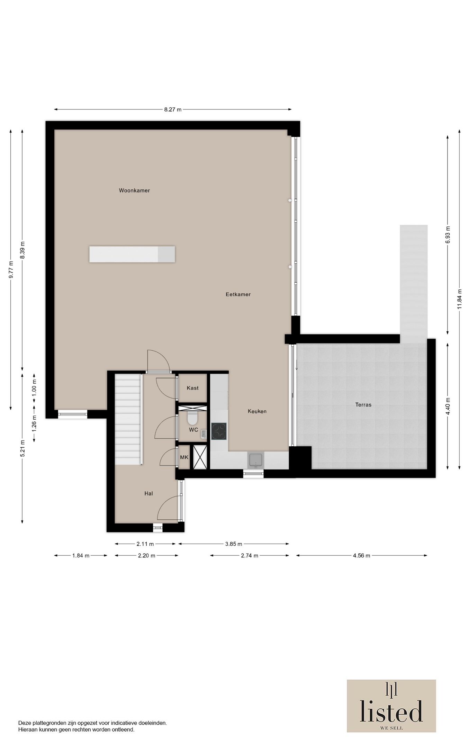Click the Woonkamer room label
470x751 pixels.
[134, 190]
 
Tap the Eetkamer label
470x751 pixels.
[238, 294]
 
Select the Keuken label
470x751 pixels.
[257, 411]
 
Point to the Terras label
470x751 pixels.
[363, 404]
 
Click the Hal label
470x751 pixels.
[149, 493]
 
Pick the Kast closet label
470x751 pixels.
[193, 388]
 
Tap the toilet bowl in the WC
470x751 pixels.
[192, 418]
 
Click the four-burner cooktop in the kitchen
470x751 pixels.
[219, 431]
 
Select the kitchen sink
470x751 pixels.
[256, 460]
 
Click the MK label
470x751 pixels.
[184, 457]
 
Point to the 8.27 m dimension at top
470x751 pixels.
[173, 110]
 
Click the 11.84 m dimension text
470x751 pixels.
[459, 299]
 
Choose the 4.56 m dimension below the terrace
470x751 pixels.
[362, 556]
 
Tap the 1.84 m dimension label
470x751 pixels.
[81, 556]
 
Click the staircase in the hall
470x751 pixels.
[128, 419]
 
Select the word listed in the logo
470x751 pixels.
[391, 711]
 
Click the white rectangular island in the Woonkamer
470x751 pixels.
[132, 254]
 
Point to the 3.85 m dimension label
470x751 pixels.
[234, 544]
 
